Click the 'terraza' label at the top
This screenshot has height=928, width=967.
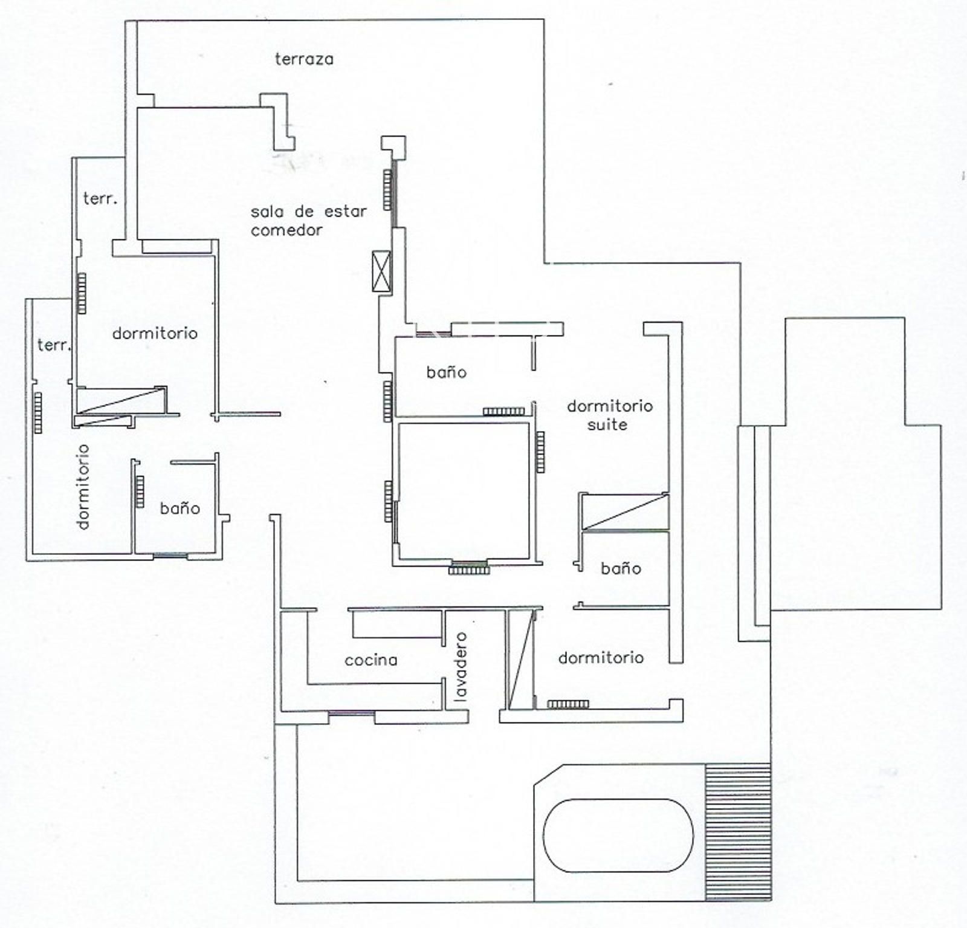[304, 59]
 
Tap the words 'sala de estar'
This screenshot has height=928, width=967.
[309, 212]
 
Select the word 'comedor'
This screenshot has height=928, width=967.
[286, 230]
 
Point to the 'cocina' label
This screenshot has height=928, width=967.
[371, 660]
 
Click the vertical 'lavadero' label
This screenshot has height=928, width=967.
[461, 667]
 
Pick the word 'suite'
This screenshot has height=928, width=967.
[607, 425]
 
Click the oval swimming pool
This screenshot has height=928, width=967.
[618, 836]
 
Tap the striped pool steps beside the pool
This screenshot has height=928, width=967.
[739, 831]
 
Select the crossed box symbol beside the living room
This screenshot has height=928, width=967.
[381, 271]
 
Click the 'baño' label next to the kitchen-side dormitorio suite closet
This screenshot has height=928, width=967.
[621, 568]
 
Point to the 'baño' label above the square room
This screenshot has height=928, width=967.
[447, 372]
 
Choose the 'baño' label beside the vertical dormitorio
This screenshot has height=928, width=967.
[179, 508]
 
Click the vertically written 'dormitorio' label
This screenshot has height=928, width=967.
[83, 487]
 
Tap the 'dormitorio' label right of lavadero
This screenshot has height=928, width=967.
[601, 658]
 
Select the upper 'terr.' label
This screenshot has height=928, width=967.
[100, 198]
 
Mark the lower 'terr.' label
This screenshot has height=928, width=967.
[54, 345]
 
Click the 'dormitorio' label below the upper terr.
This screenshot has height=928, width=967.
[155, 333]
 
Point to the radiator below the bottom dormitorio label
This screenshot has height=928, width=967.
[568, 704]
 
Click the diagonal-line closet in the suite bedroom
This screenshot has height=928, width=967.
[624, 511]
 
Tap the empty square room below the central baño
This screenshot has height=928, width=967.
[464, 490]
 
